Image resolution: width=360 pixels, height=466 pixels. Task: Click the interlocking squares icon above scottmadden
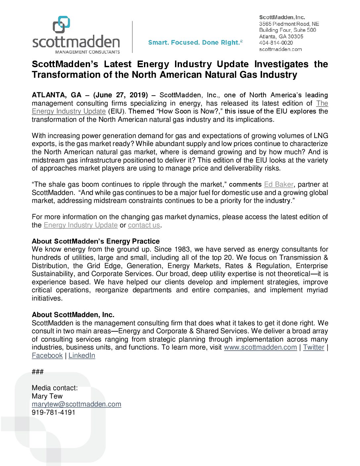click(x=62, y=25)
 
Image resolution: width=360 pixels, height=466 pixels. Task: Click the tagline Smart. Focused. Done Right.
click(x=195, y=43)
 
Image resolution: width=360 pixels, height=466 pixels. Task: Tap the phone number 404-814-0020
click(x=276, y=43)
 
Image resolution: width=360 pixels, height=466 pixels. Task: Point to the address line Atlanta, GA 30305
click(x=281, y=36)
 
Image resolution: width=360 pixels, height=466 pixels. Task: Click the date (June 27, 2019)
click(x=120, y=95)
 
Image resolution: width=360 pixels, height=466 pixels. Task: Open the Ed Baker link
click(x=279, y=185)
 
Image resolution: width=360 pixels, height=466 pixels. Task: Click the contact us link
click(x=144, y=225)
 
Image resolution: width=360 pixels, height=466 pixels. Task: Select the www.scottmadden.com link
click(x=260, y=348)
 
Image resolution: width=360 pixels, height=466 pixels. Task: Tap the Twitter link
click(x=313, y=348)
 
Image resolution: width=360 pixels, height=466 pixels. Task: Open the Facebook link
click(x=47, y=356)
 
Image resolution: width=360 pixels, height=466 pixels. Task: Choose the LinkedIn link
click(x=82, y=356)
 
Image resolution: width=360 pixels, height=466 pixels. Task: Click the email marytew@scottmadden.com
click(x=76, y=404)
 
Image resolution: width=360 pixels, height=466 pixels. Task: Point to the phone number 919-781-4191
click(x=54, y=413)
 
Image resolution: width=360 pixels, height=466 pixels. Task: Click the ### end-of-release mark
click(x=37, y=372)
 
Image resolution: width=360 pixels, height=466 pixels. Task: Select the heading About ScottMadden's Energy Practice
click(x=96, y=242)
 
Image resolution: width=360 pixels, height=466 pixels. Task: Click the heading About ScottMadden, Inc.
click(x=73, y=315)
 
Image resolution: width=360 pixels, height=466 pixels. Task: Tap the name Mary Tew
click(x=47, y=396)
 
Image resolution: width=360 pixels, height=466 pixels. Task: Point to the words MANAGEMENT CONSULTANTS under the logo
click(x=87, y=52)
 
